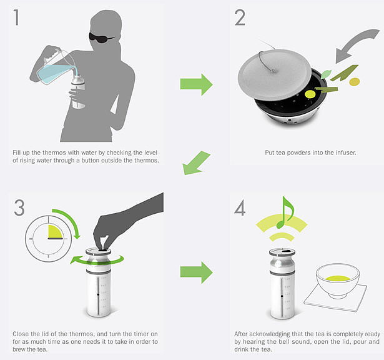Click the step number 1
click(x=16, y=17)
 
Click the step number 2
click(x=240, y=17)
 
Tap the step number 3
click(x=19, y=207)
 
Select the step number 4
click(x=240, y=207)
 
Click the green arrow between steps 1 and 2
click(x=197, y=84)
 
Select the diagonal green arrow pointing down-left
click(x=195, y=162)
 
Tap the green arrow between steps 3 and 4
click(x=197, y=272)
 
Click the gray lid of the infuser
click(x=274, y=75)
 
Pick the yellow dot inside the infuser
click(x=310, y=94)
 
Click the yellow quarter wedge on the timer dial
click(x=55, y=232)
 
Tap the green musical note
click(x=285, y=212)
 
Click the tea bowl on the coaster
click(x=338, y=281)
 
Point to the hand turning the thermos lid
click(x=122, y=223)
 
